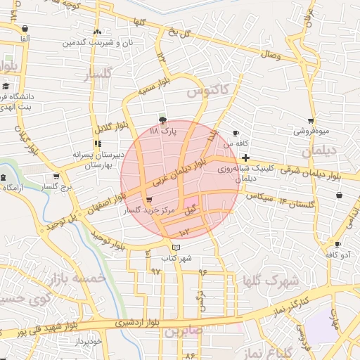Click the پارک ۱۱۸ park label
click(164, 131)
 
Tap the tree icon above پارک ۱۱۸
click(164, 120)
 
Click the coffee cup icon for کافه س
click(236, 133)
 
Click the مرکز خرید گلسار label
click(148, 210)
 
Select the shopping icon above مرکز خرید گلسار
click(148, 200)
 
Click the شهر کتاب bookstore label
click(176, 259)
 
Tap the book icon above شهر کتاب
click(176, 247)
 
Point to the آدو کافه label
click(337, 256)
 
